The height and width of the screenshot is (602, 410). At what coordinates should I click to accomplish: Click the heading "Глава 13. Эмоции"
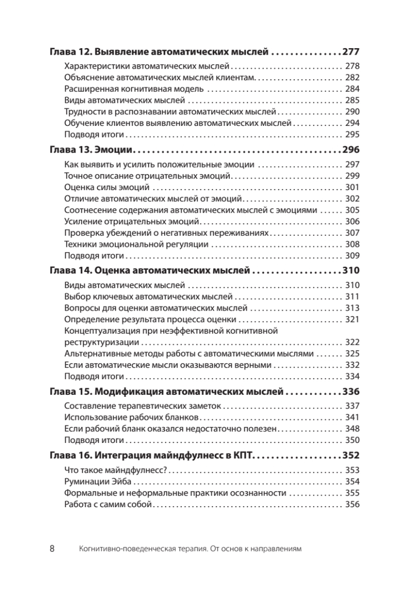point(93,149)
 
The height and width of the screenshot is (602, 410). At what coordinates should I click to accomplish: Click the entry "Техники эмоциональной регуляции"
point(136,244)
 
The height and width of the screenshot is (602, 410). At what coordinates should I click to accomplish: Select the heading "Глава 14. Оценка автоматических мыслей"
point(150,271)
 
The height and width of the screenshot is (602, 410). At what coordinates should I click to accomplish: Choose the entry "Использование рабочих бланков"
point(132,417)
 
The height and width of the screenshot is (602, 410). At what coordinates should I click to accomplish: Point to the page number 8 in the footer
point(52,548)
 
